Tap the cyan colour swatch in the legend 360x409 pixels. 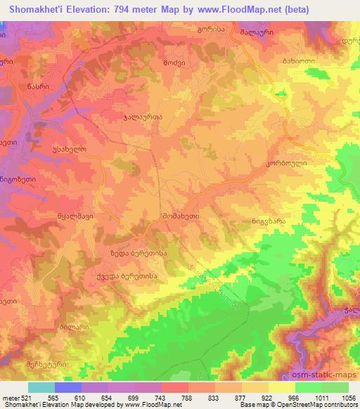click(41, 387)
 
